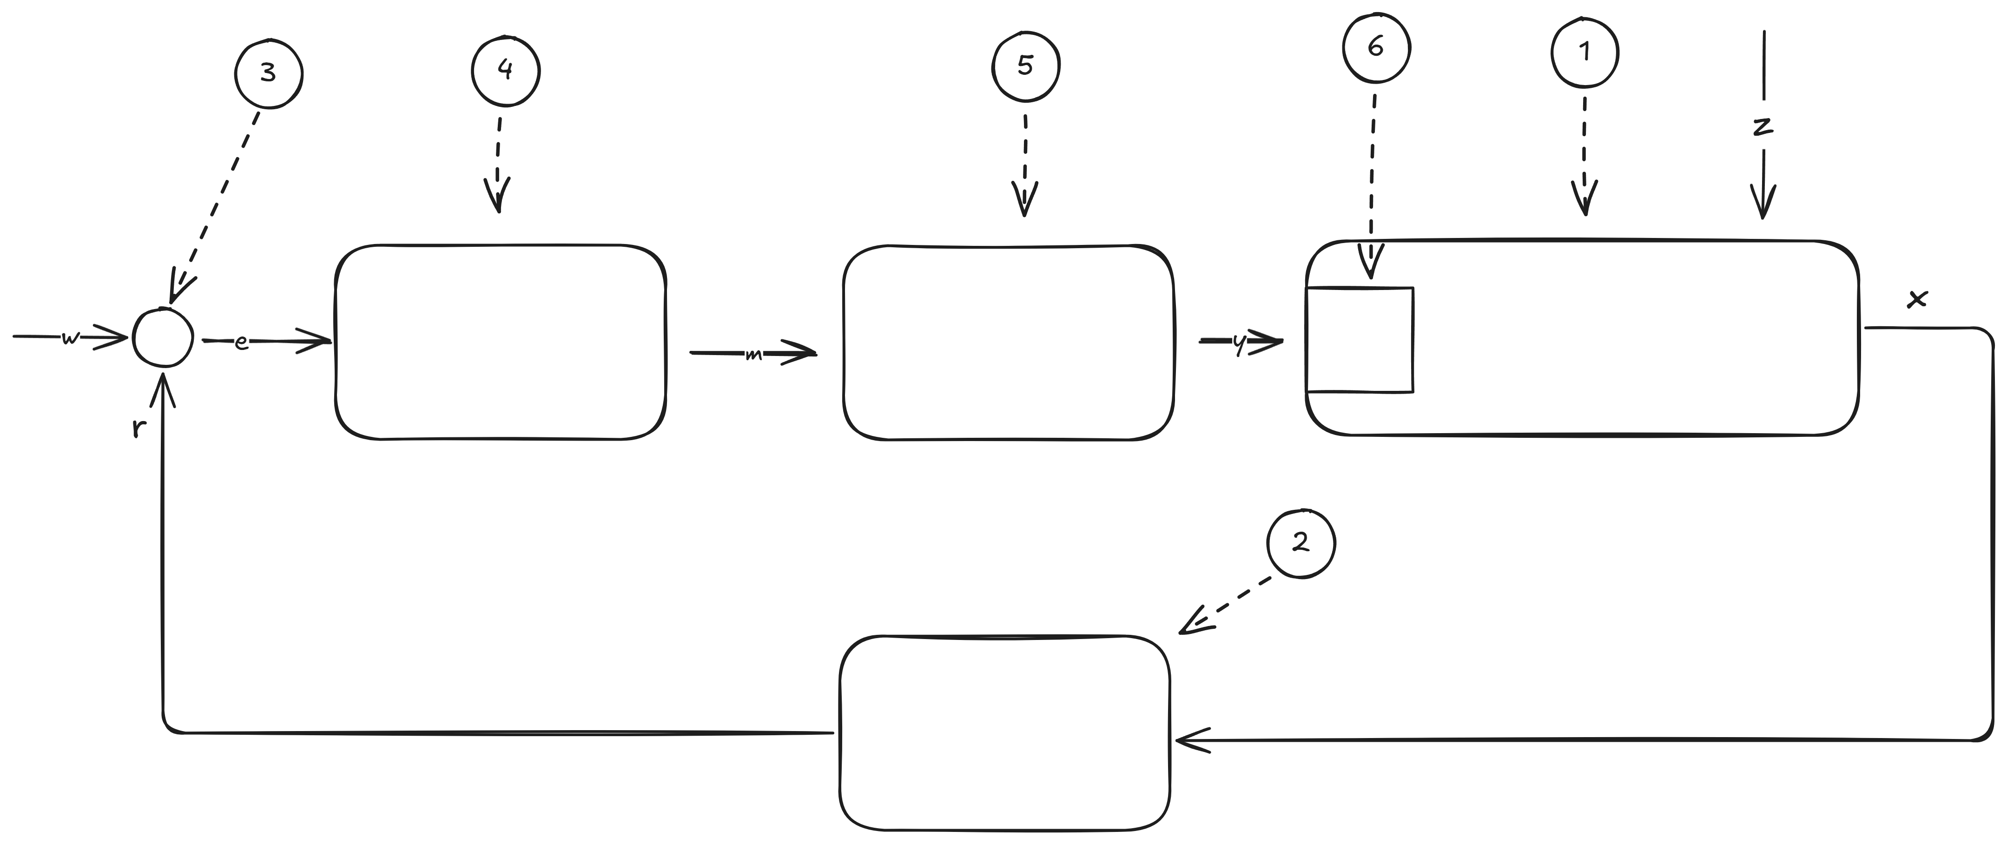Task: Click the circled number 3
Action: click(268, 74)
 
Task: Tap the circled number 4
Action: click(505, 70)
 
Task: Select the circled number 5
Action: click(1025, 66)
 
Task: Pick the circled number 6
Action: click(1376, 47)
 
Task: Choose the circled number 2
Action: click(1301, 543)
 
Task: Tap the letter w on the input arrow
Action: click(70, 338)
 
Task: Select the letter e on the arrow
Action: click(242, 342)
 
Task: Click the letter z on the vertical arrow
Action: click(1763, 127)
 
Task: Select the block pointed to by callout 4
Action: click(500, 343)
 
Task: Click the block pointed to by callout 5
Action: click(1008, 343)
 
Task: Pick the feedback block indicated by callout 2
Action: click(1004, 732)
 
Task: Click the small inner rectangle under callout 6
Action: click(1360, 340)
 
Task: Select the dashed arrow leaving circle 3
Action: click(218, 203)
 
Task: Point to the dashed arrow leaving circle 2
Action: click(1227, 604)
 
